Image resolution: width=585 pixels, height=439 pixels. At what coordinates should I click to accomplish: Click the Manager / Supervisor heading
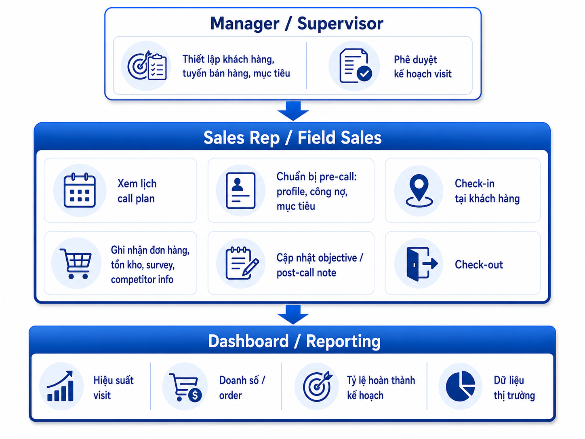click(297, 24)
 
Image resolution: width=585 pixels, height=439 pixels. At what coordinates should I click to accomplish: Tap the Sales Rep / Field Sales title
click(292, 138)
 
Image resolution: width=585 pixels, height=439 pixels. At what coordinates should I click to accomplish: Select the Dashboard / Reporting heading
click(294, 342)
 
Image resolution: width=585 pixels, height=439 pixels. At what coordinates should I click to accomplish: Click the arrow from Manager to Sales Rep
click(293, 111)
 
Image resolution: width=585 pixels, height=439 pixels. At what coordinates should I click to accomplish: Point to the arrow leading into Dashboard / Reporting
click(293, 314)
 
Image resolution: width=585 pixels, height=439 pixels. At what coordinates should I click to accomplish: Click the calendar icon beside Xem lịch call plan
click(80, 190)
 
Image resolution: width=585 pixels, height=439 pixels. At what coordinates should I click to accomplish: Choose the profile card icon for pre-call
click(241, 190)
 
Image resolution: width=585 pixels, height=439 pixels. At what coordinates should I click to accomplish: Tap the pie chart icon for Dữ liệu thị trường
click(461, 386)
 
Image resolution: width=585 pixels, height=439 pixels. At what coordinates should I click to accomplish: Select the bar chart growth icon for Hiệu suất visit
click(60, 386)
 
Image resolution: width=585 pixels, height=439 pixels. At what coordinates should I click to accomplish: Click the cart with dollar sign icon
click(185, 387)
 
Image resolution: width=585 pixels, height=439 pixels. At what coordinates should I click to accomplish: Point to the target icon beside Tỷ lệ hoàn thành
click(318, 386)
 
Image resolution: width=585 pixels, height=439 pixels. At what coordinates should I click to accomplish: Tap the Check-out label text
click(479, 265)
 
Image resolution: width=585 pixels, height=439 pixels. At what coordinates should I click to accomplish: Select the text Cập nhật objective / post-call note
click(320, 265)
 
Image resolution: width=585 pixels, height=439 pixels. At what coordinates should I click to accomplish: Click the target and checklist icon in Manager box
click(147, 65)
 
